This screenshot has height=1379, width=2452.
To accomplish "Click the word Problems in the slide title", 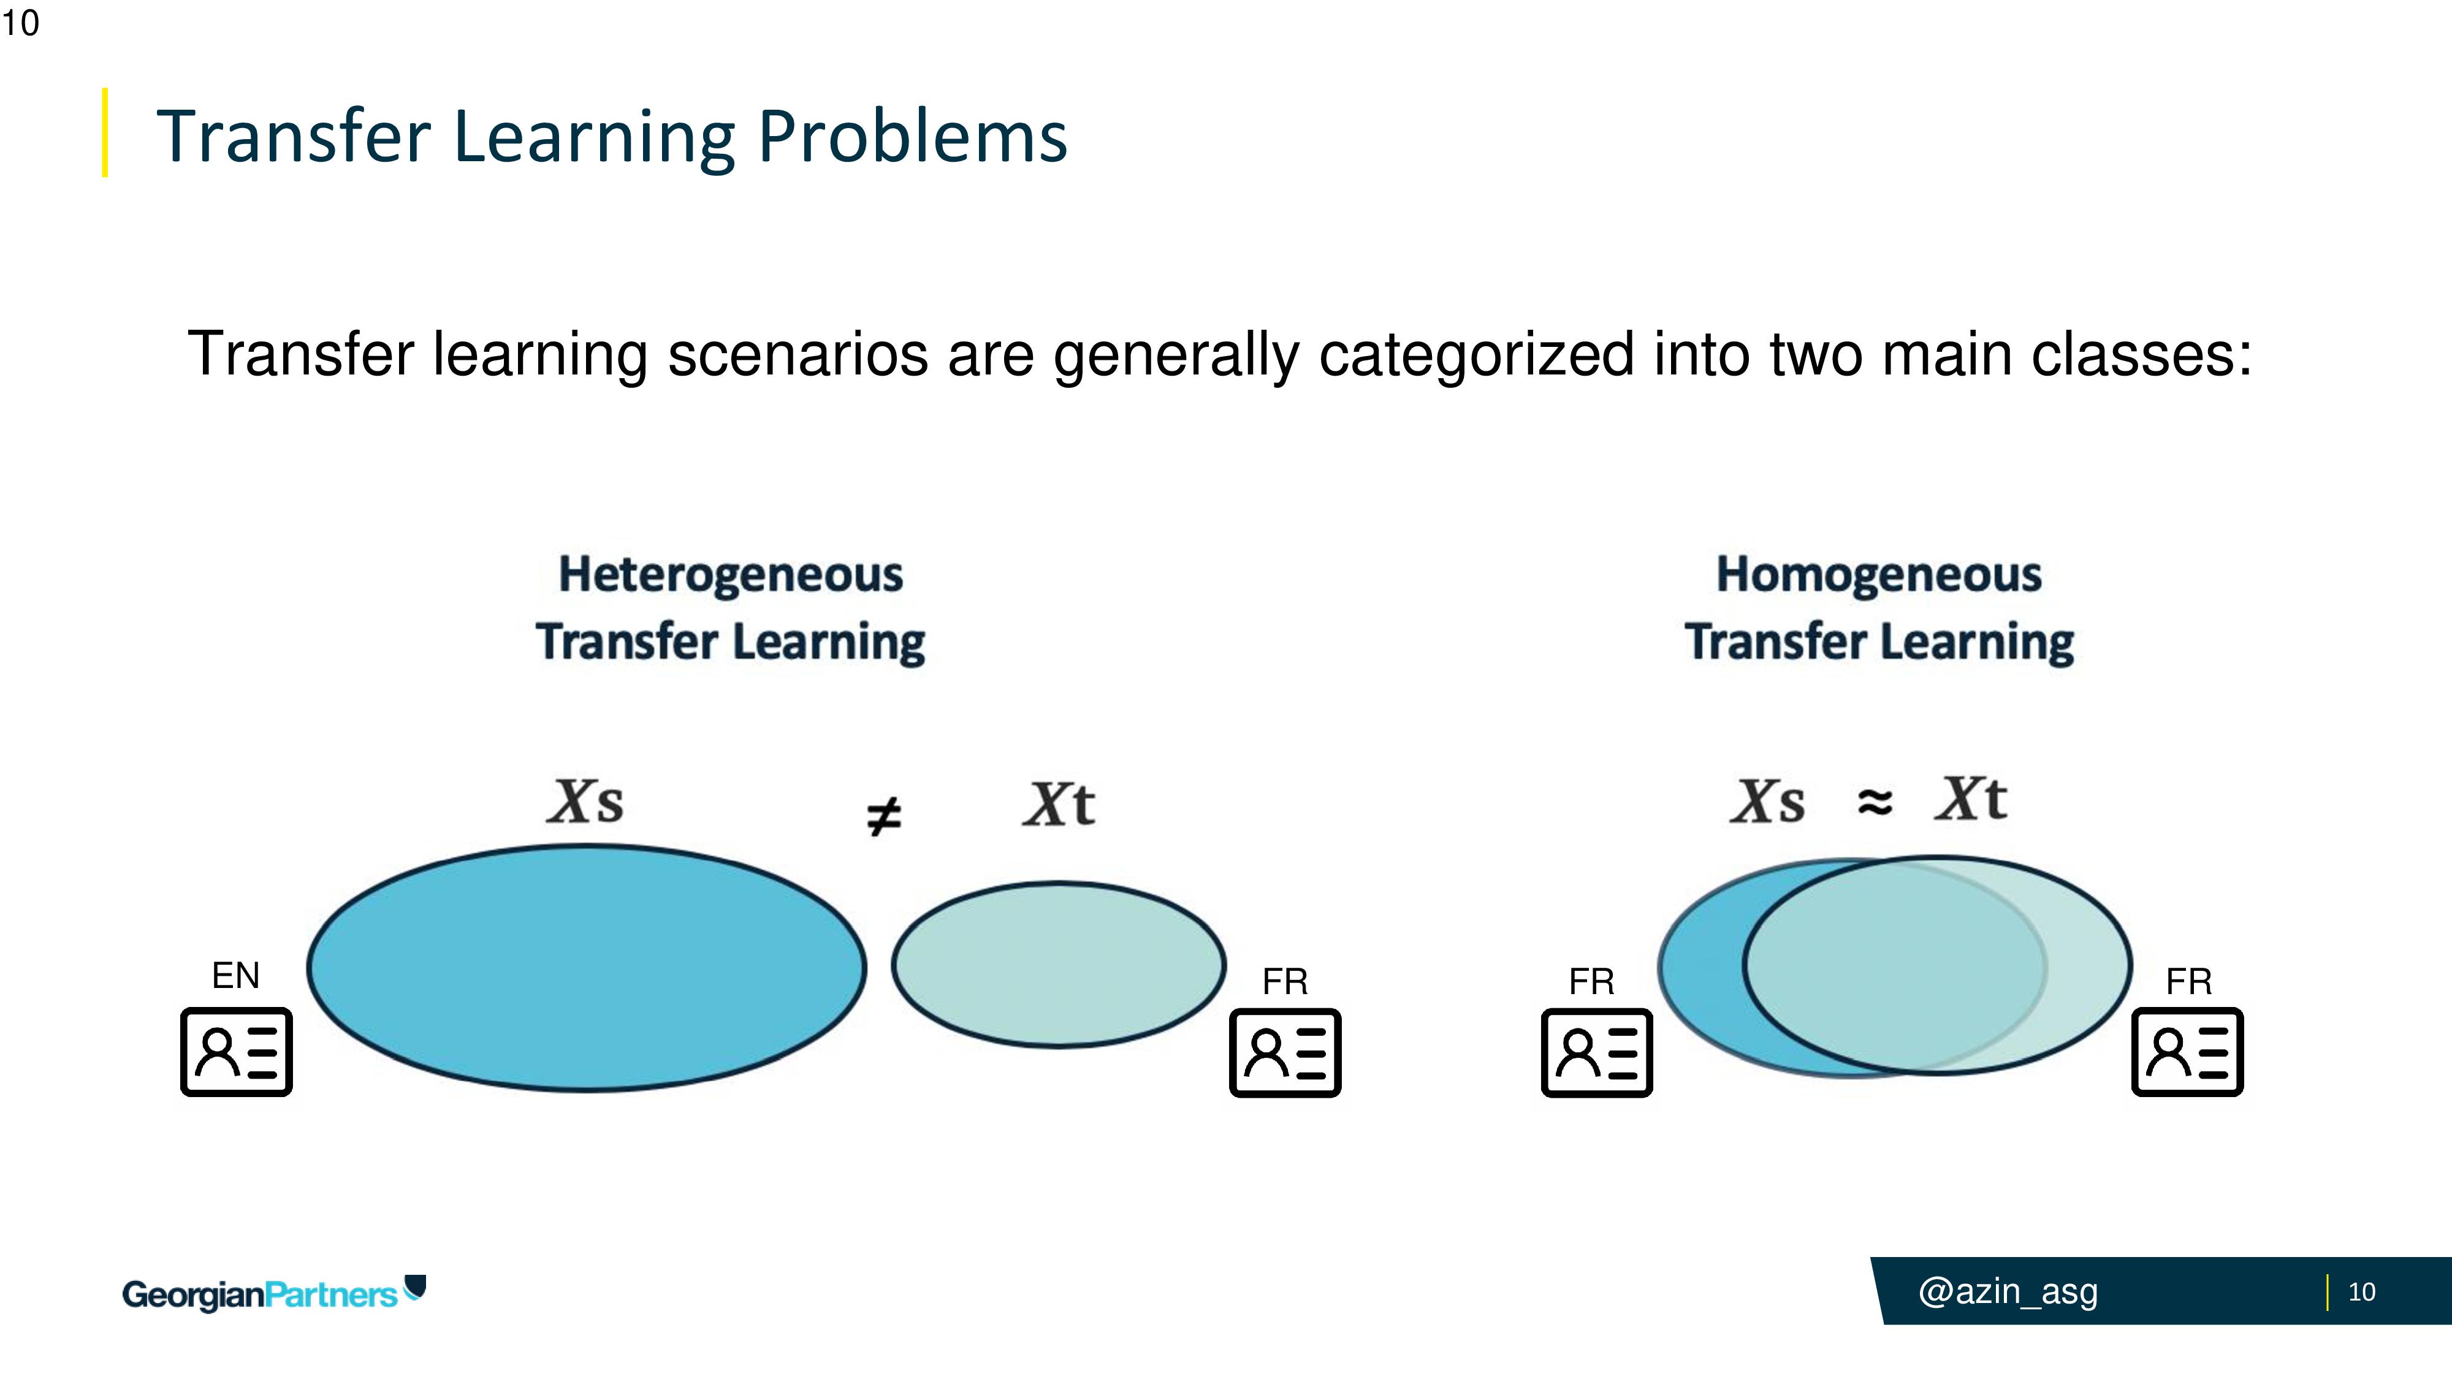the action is [913, 136].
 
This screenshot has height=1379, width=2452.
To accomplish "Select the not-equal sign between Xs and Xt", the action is [883, 816].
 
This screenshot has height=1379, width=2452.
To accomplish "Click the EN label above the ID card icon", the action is [235, 976].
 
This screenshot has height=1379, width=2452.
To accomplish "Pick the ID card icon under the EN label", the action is [236, 1052].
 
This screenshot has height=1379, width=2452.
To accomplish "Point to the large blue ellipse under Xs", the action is [587, 967].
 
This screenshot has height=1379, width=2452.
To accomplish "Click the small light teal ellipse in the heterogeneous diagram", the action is [1059, 965].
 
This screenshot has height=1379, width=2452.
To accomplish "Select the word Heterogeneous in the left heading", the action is [730, 575].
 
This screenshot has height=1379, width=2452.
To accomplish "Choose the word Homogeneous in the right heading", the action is [1879, 575].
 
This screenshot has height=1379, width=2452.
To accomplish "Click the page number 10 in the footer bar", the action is [2361, 1291].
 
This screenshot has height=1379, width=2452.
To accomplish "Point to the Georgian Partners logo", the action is [274, 1293].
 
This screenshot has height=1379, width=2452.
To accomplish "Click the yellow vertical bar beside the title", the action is [105, 132].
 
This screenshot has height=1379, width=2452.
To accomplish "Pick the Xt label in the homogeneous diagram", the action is [1970, 799].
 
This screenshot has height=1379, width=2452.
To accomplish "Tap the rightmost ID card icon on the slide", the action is [2187, 1052].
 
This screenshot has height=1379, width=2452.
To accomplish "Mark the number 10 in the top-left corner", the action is [20, 23].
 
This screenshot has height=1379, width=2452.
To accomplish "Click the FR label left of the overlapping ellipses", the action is [1591, 981].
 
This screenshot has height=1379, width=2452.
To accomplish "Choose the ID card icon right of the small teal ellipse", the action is [1285, 1052].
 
